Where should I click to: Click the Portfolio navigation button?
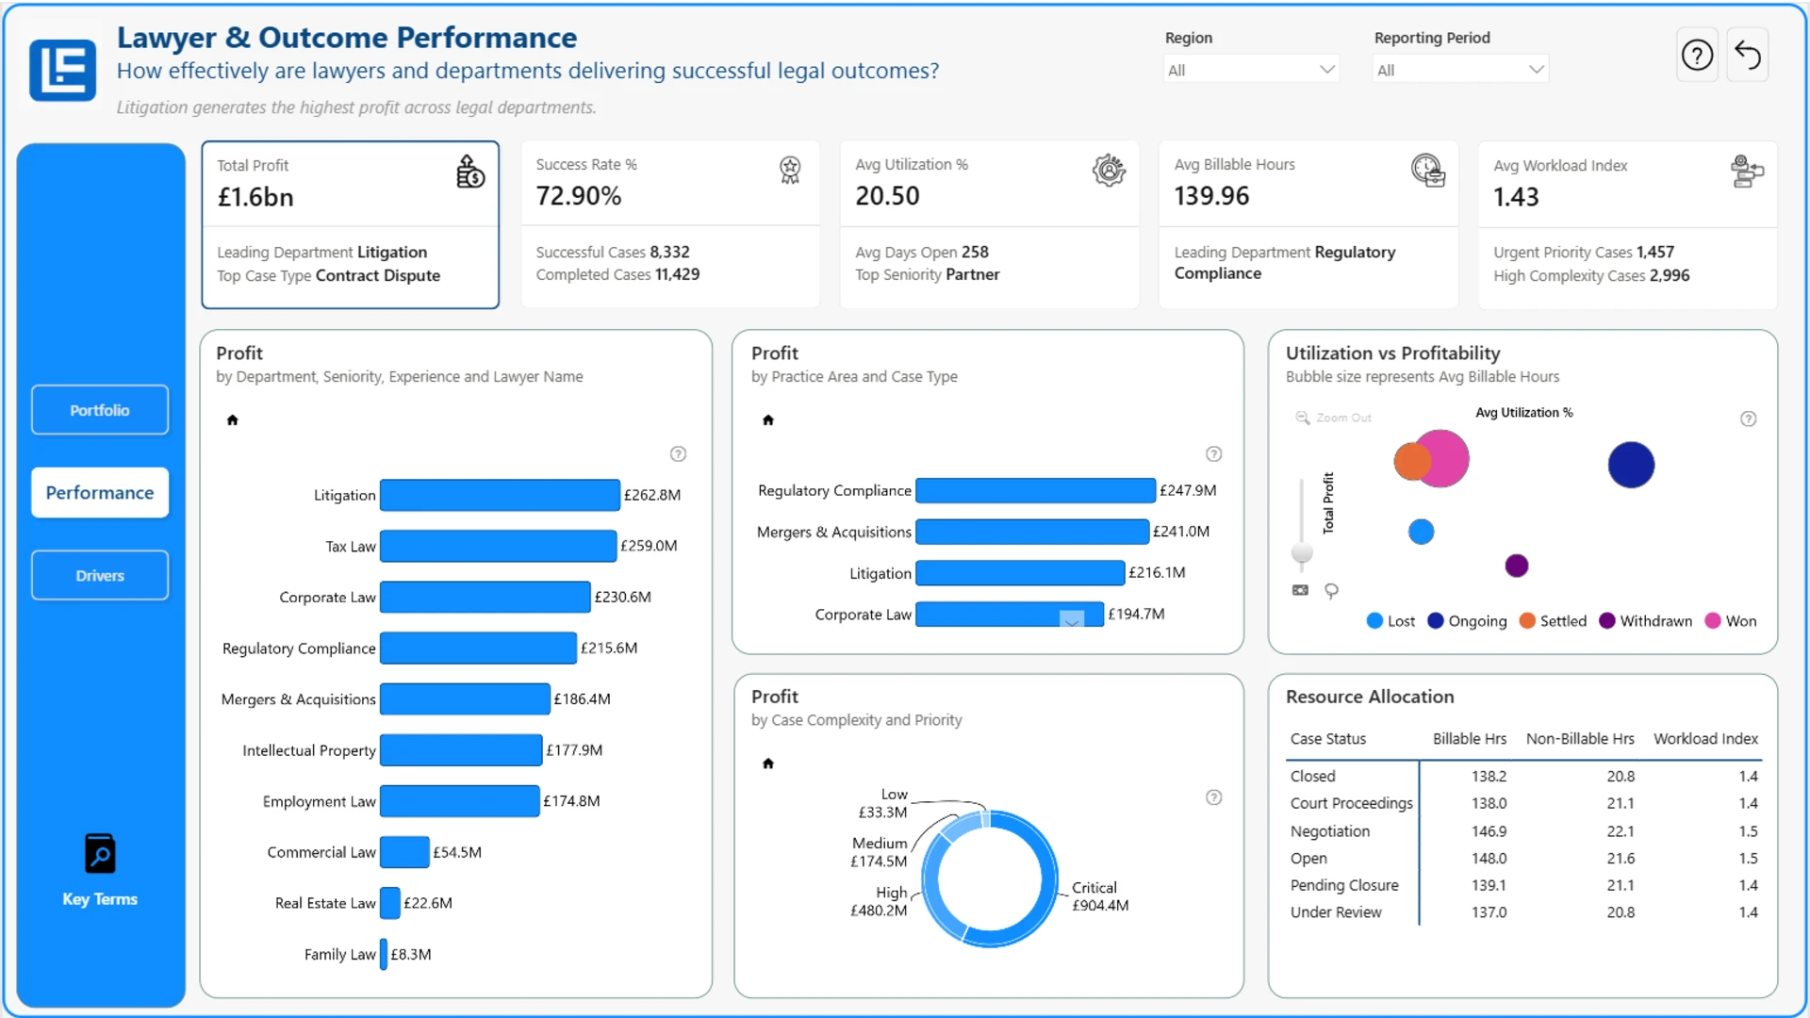[100, 410]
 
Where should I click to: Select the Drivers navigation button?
[100, 575]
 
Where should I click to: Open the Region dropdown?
[1251, 70]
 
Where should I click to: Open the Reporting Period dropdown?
[1460, 70]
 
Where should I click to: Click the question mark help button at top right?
[1697, 56]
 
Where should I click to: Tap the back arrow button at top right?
[1748, 56]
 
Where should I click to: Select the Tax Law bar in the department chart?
[499, 546]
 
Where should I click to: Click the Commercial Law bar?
[404, 852]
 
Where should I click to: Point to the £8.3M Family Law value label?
[411, 954]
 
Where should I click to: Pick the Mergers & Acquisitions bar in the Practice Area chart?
[1032, 532]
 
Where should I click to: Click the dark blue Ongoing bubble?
[1631, 465]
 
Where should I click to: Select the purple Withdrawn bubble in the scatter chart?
[1517, 566]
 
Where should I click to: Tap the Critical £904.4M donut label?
[1100, 896]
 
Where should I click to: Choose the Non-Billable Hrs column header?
[1580, 739]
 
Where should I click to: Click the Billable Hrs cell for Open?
[1489, 859]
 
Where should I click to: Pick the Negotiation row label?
[1330, 831]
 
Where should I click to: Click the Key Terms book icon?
[100, 854]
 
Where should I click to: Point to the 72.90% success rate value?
[579, 196]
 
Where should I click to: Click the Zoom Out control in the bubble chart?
[1334, 418]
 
